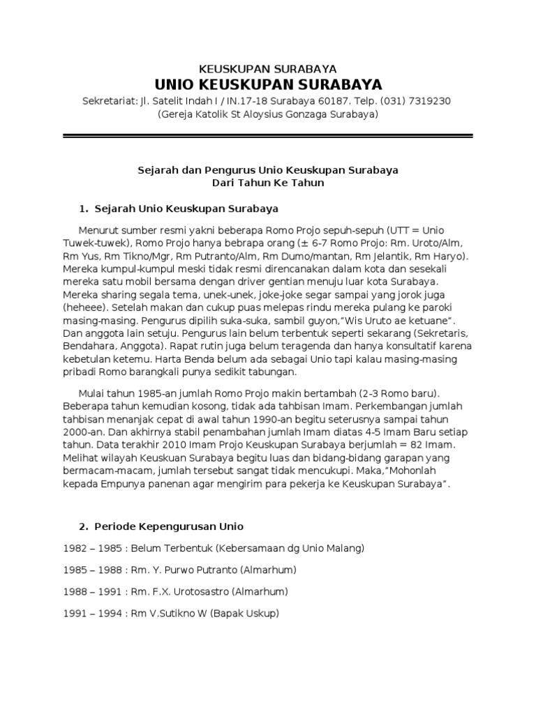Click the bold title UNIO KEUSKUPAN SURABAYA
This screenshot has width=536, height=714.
pyautogui.click(x=268, y=85)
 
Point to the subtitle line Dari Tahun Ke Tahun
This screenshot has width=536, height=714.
pyautogui.click(x=268, y=183)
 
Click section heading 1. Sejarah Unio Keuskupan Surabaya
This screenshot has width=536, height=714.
pyautogui.click(x=178, y=208)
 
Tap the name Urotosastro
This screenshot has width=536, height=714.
pyautogui.click(x=203, y=591)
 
